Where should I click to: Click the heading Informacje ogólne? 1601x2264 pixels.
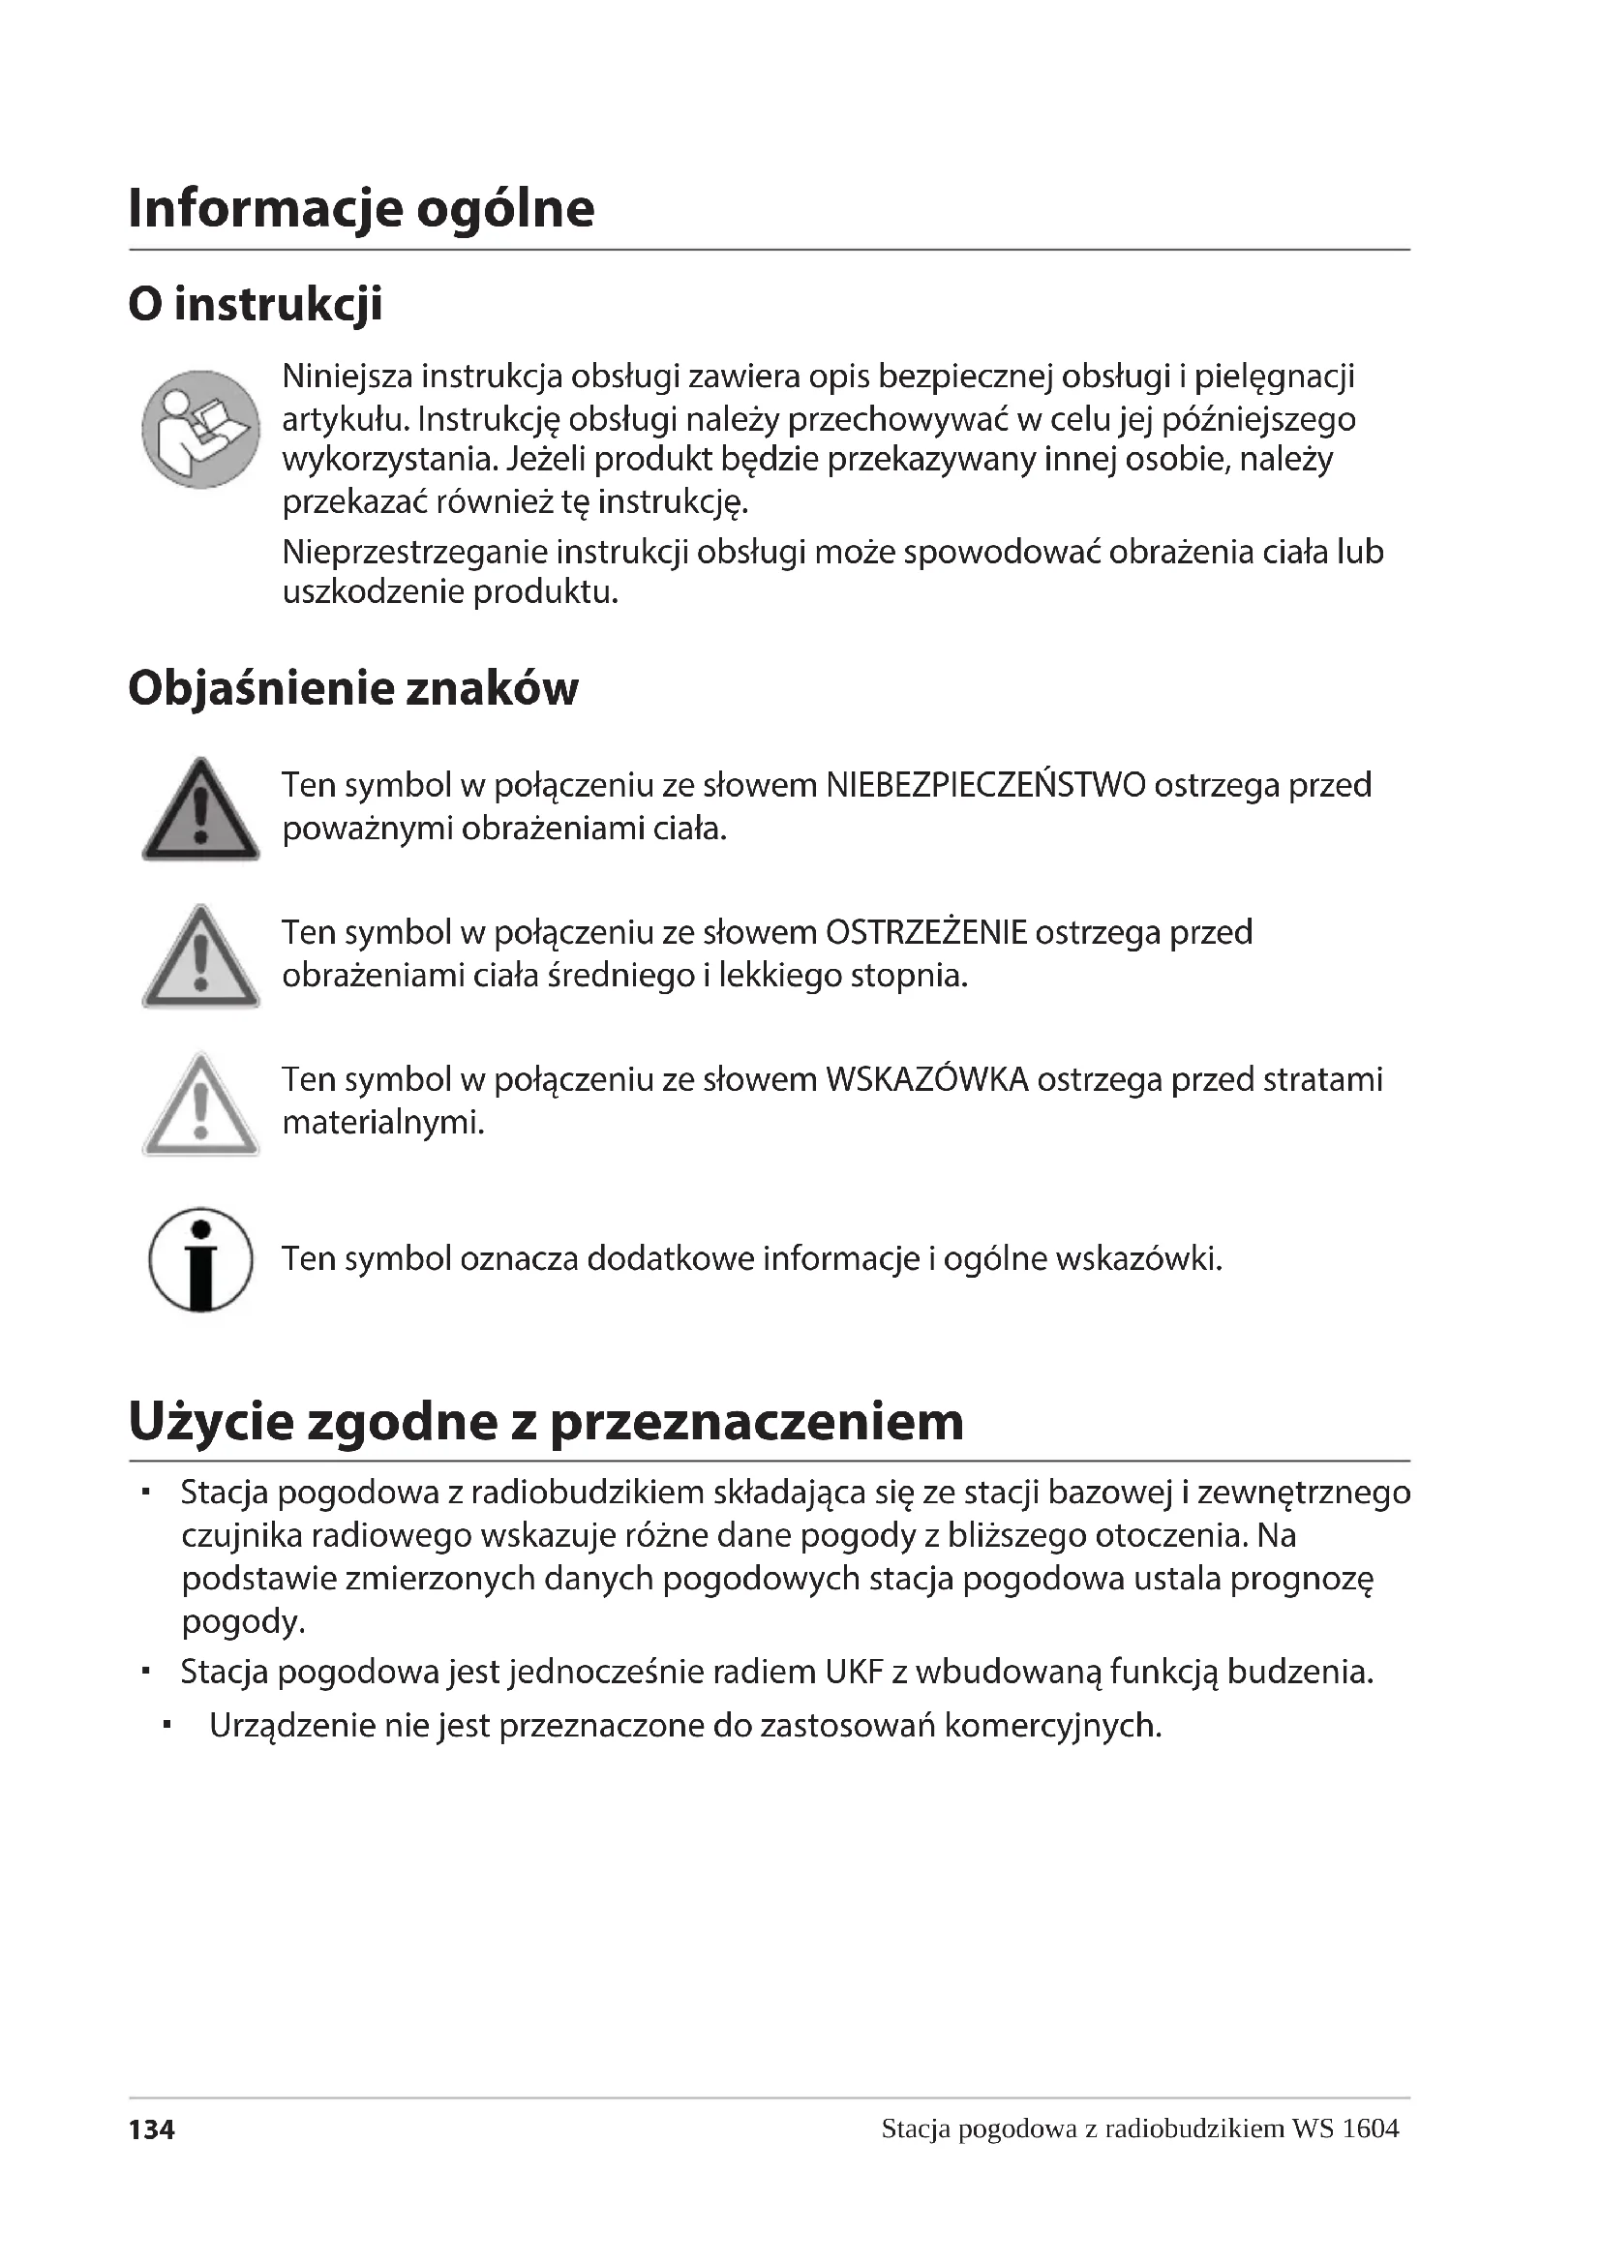coord(361,208)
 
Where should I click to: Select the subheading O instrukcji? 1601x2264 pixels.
coord(256,304)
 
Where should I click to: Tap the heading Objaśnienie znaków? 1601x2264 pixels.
coord(353,688)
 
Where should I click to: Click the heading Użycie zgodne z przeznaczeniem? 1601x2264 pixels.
coord(546,1422)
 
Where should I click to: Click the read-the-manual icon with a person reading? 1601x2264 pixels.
coord(201,429)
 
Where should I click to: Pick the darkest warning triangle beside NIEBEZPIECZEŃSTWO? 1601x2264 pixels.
coord(201,811)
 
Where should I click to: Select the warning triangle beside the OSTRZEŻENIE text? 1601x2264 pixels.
coord(201,958)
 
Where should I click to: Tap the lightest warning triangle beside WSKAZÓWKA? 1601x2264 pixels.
coord(201,1106)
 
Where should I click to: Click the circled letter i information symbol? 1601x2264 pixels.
coord(201,1260)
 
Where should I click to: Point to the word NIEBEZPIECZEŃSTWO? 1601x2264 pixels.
coord(984,786)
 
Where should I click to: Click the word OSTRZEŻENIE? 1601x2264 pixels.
coord(925,933)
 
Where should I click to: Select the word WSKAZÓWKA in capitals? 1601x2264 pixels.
coord(926,1081)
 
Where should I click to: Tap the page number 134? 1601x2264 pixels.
coord(152,2130)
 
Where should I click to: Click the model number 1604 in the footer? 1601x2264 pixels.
coord(1371,2128)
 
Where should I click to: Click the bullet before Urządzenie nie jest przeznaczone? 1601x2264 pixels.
coord(168,1726)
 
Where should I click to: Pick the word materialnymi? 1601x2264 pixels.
coord(383,1123)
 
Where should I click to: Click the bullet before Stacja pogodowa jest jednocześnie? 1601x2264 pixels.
coord(145,1673)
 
